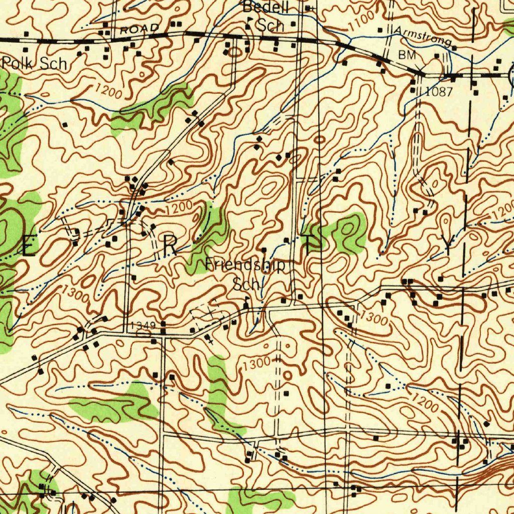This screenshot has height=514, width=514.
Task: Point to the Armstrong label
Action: click(x=423, y=36)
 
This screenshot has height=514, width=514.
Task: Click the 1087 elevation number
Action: click(x=439, y=91)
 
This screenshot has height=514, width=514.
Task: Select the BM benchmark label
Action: click(x=408, y=55)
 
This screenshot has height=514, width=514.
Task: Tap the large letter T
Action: click(x=312, y=242)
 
